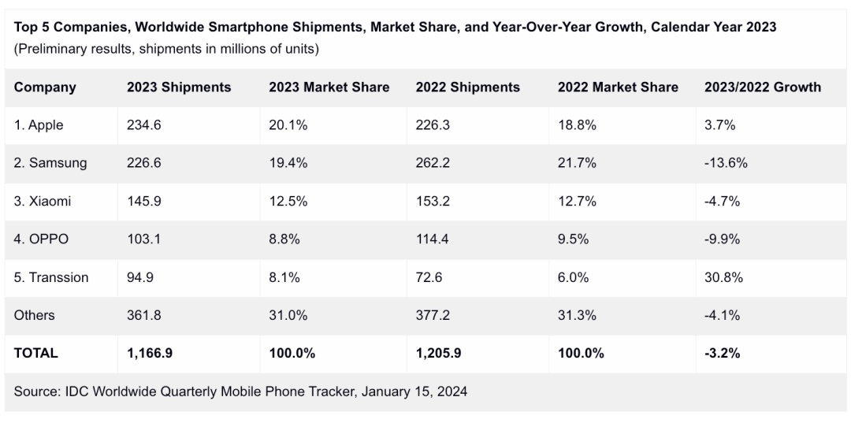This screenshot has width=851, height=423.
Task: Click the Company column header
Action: pos(45,87)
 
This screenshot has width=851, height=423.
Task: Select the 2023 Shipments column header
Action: pos(179,87)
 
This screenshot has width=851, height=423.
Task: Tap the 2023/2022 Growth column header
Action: pos(762,87)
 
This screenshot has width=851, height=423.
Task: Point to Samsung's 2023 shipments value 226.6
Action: pos(144,163)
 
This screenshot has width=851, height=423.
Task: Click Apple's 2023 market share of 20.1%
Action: pos(284,125)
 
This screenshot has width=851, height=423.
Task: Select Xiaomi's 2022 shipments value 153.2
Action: pos(433,201)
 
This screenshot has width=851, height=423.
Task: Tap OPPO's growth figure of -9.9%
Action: pos(722,239)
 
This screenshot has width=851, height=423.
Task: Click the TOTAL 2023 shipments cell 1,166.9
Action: pos(151,353)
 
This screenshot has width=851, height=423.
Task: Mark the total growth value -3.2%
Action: pos(722,353)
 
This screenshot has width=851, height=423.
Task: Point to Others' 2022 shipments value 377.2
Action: pos(433,315)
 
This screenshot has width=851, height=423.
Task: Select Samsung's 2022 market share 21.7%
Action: pos(577,163)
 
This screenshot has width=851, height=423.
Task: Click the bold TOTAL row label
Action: pos(35,353)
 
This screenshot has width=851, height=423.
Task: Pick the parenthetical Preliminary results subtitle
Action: pos(166,49)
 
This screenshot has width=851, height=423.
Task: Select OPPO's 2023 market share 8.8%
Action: pos(284,239)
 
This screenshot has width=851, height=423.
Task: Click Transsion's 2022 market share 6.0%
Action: pos(574,277)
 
